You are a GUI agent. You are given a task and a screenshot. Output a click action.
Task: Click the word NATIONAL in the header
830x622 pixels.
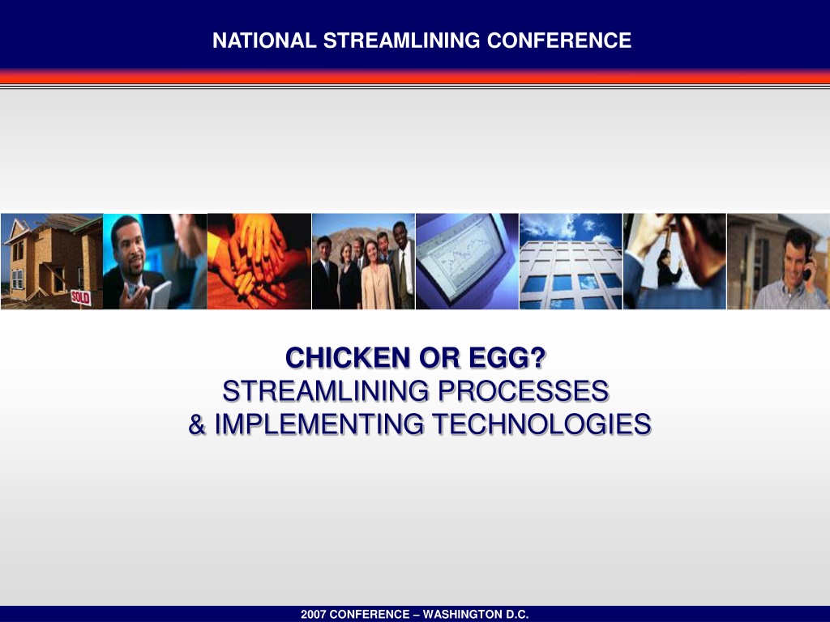[264, 40]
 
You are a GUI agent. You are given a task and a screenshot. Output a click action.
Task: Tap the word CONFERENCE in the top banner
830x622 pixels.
[559, 40]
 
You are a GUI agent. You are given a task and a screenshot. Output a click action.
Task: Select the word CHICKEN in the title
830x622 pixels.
[348, 358]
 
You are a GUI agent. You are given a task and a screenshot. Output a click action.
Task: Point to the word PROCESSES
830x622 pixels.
[523, 391]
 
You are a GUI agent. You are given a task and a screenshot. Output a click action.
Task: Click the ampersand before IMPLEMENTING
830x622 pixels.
[197, 424]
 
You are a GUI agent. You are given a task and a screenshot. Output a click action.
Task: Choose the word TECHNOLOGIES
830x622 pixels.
[541, 424]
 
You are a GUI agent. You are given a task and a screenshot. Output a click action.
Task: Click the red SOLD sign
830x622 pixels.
[80, 297]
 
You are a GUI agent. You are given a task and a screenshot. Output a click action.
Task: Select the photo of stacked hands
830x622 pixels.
[259, 262]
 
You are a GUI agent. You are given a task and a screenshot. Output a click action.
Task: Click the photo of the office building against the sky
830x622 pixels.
[571, 262]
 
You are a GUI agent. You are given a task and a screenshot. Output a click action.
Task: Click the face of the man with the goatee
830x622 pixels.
[129, 246]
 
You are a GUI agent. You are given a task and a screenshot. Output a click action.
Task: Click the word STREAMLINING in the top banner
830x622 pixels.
[402, 40]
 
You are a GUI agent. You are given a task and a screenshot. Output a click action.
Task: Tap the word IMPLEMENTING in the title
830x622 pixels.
[319, 424]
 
